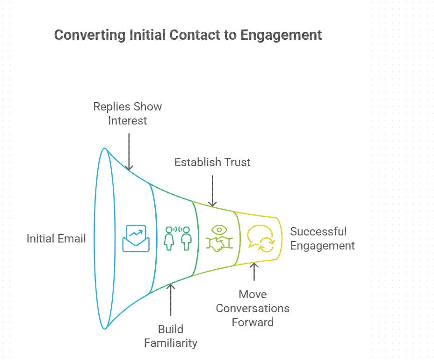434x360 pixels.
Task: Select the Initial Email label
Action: pyautogui.click(x=56, y=238)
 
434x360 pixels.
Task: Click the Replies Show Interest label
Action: pyautogui.click(x=127, y=113)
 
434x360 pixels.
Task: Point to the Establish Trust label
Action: pyautogui.click(x=212, y=162)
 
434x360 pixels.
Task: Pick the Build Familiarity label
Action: pyautogui.click(x=171, y=336)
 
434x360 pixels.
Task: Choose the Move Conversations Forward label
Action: pyautogui.click(x=253, y=308)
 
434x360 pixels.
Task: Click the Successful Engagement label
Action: pyautogui.click(x=322, y=238)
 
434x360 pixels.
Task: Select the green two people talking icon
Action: pyautogui.click(x=178, y=238)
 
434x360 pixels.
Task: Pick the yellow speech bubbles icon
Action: pyautogui.click(x=260, y=238)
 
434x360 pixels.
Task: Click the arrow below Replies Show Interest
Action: pyautogui.click(x=129, y=151)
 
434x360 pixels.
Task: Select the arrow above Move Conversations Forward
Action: pyautogui.click(x=254, y=271)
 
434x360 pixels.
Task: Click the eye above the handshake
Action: pyautogui.click(x=218, y=229)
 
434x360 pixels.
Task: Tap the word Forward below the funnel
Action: pyautogui.click(x=253, y=322)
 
